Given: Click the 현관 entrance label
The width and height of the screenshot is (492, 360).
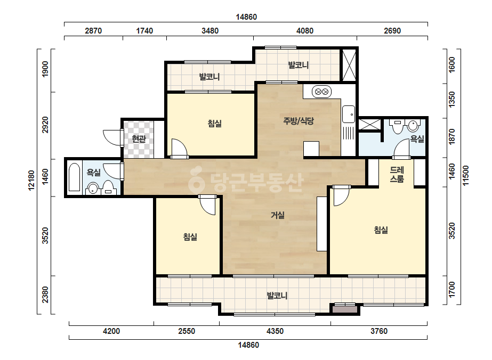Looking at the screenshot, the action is coord(139,138).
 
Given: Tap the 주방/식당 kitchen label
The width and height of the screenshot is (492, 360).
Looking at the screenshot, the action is coord(299,121).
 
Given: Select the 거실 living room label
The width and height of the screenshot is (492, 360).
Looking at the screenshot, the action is coord(278,215).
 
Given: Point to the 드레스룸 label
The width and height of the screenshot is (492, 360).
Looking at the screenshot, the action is coord(397,174).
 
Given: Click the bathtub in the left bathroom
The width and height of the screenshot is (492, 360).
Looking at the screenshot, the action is coord(75,177).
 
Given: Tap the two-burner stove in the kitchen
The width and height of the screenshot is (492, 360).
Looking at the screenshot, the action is coord(321,92).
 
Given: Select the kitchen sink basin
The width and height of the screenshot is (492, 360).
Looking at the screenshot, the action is coord(348,114).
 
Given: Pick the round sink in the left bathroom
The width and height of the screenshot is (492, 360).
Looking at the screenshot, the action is coord(93,189).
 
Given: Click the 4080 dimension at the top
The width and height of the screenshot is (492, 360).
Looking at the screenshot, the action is coord(305,31).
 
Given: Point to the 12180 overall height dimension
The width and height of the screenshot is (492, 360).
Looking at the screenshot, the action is coord(31,181).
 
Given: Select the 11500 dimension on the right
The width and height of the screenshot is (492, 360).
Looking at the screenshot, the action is coord(466,175).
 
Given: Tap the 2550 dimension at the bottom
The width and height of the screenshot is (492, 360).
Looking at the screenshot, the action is coord(187,331).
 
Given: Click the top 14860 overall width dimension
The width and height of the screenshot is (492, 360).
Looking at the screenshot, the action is coord(246,17).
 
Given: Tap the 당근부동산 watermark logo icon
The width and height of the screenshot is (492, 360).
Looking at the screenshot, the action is coord(196,180).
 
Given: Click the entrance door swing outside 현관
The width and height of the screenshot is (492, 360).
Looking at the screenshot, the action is coord(112,138).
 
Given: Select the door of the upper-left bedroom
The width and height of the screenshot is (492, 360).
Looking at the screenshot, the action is coord(180,148).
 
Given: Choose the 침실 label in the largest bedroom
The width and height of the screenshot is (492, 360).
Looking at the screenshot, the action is coord(381,230).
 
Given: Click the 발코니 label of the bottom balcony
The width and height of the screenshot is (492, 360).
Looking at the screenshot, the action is coord(277,296).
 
